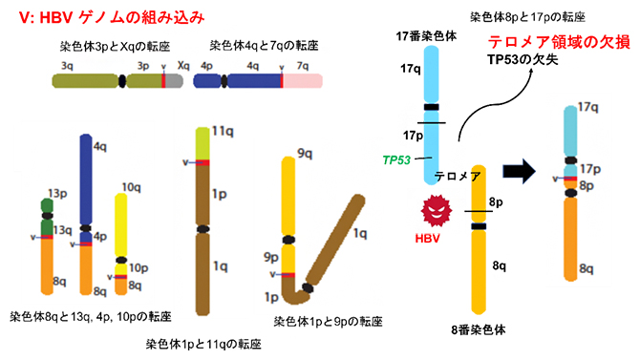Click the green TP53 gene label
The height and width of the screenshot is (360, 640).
pyautogui.click(x=396, y=159)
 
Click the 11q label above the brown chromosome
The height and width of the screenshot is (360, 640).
pyautogui.click(x=224, y=127)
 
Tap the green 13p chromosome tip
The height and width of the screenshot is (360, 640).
pyautogui.click(x=46, y=211)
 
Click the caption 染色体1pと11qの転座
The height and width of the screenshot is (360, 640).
pyautogui.click(x=203, y=343)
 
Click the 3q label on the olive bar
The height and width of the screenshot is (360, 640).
pyautogui.click(x=67, y=66)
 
